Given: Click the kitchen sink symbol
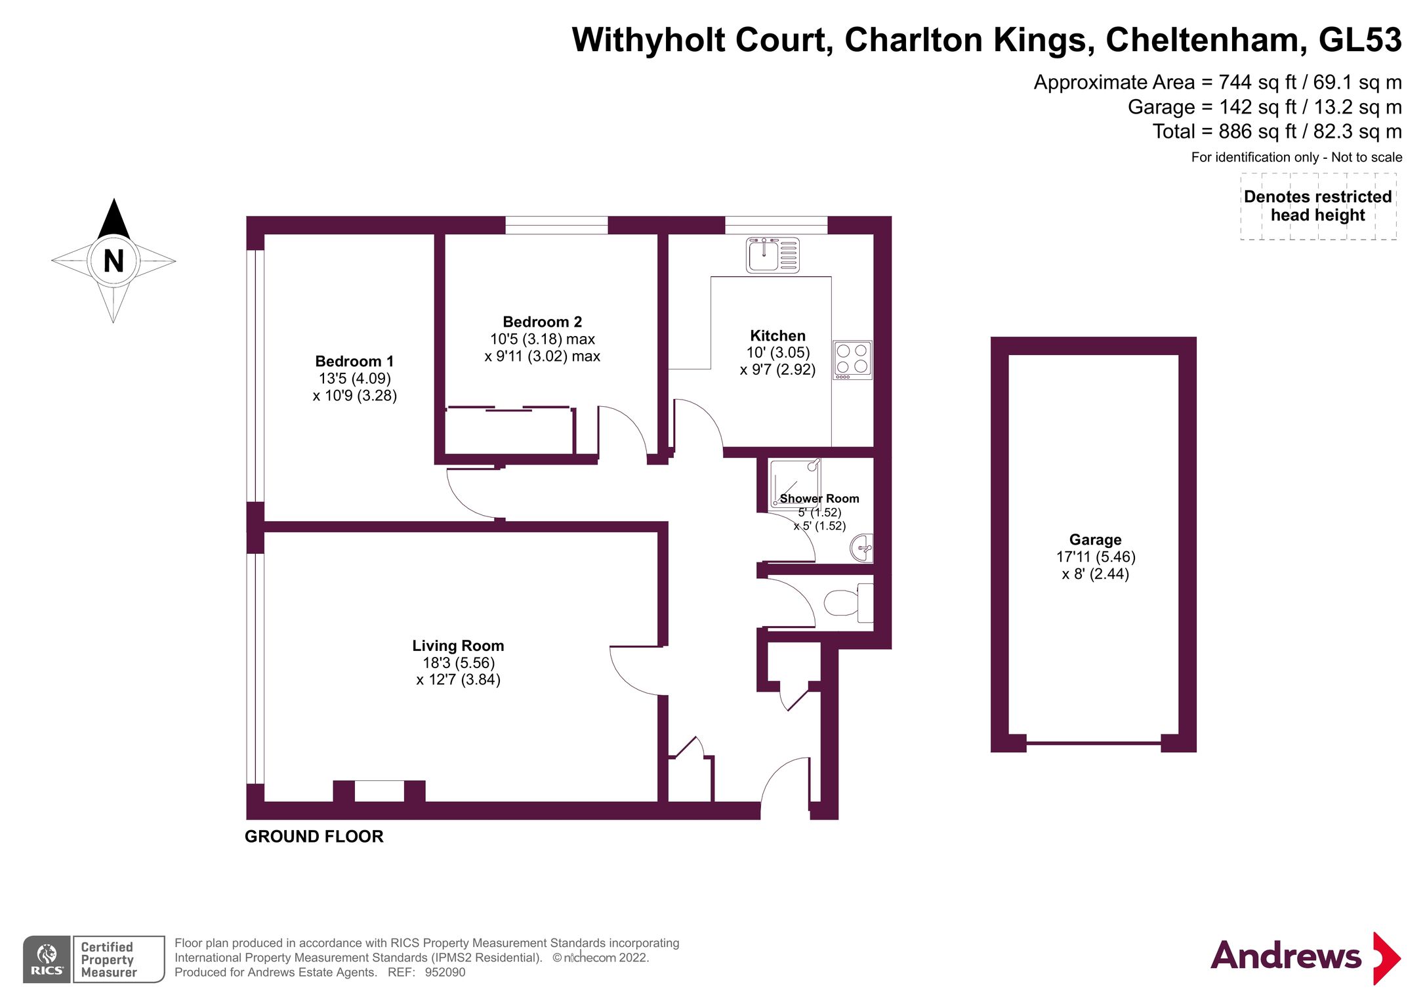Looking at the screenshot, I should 772,255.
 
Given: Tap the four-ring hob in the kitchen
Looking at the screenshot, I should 852,360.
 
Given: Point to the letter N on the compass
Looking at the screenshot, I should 114,261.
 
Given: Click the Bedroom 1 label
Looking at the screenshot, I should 354,361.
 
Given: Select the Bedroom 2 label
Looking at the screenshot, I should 542,322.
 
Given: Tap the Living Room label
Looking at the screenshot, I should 458,646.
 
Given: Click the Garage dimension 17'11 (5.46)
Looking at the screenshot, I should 1095,556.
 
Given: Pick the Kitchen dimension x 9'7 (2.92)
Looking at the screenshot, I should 777,369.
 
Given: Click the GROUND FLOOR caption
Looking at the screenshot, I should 314,836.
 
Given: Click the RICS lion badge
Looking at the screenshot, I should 47,959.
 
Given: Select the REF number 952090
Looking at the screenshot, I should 445,973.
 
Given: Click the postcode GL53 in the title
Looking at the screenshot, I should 1359,40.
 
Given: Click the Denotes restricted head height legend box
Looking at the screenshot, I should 1317,206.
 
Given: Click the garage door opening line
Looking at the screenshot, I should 1094,743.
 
